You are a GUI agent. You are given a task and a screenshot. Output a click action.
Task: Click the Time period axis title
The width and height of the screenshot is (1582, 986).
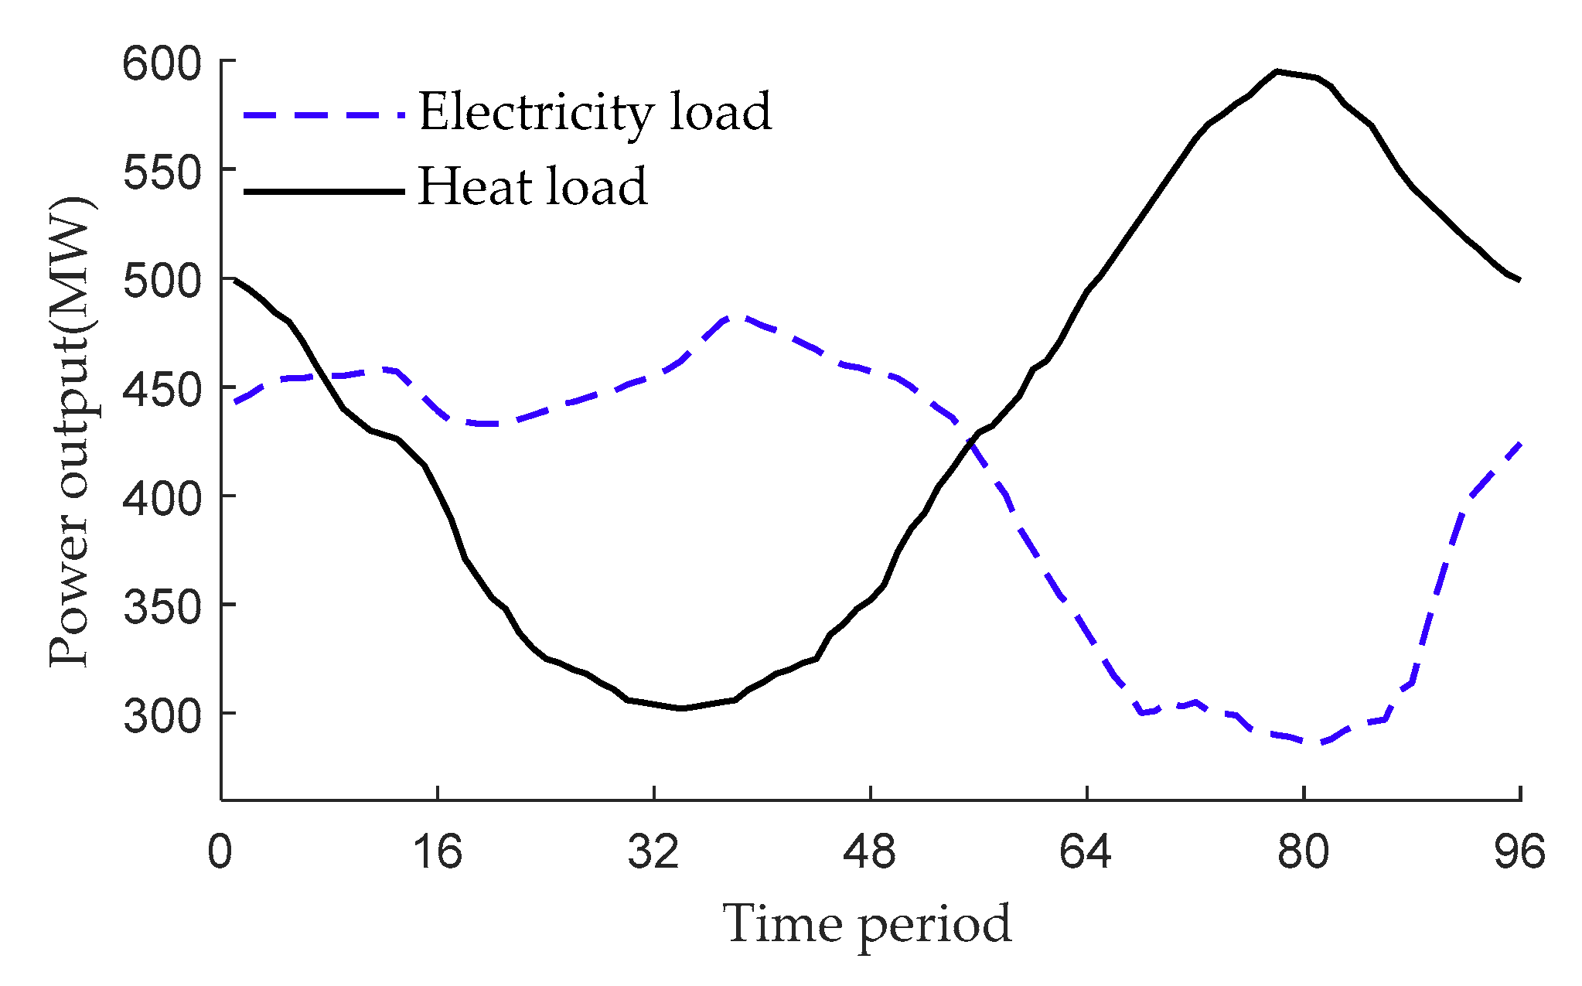868,924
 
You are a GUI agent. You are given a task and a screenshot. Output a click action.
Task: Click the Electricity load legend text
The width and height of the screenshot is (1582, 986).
595,113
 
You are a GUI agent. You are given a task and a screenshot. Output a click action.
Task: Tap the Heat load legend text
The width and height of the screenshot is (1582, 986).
532,187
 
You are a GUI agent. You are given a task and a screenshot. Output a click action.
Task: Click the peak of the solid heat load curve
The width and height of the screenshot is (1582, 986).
1277,71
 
